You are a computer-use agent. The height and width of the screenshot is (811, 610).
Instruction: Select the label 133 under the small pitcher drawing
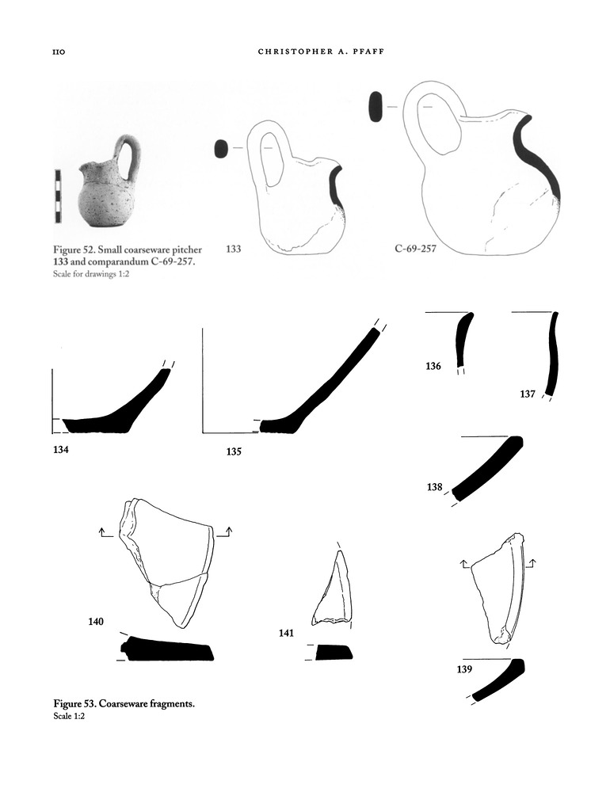(234, 249)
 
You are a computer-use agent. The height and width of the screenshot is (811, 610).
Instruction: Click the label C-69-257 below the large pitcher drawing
(415, 249)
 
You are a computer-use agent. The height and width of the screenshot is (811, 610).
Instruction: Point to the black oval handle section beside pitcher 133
(221, 148)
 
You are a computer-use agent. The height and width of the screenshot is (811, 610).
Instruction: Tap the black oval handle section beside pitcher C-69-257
(376, 107)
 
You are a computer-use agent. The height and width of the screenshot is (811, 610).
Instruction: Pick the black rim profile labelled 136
(462, 339)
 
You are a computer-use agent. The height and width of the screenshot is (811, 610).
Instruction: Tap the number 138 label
(434, 488)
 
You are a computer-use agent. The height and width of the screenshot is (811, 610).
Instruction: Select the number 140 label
(96, 622)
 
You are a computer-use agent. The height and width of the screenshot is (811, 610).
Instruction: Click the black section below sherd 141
(334, 653)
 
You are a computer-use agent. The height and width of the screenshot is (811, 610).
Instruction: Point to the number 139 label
(465, 669)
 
